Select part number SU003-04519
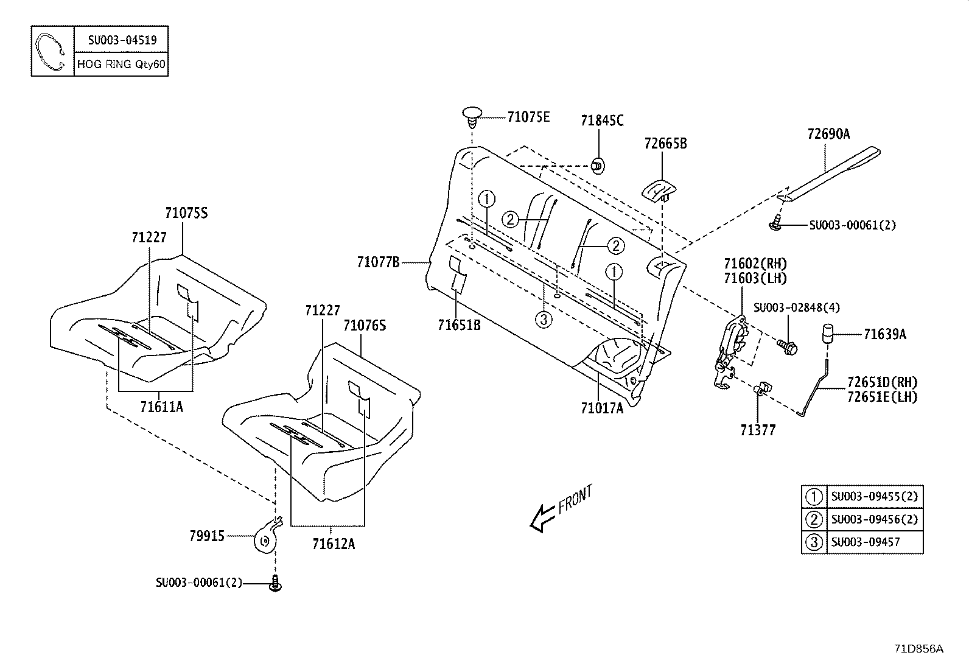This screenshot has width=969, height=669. [122, 40]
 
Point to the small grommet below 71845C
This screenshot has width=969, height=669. [598, 164]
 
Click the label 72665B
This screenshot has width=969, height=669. [665, 144]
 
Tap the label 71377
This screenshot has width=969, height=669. [758, 430]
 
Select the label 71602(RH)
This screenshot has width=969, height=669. [755, 264]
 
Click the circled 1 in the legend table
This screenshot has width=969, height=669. [814, 497]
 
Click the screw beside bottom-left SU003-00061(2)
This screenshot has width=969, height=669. [275, 584]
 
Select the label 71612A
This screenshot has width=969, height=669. [333, 544]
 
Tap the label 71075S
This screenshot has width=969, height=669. [186, 213]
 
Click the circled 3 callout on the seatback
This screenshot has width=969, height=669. [544, 318]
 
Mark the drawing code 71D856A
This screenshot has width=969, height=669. [919, 649]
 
